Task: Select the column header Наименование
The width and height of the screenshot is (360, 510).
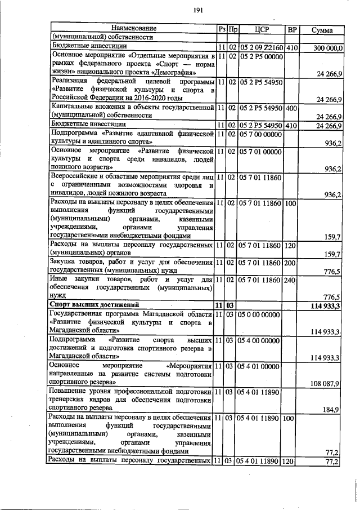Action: click(133, 28)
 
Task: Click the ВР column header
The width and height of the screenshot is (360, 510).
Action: click(292, 29)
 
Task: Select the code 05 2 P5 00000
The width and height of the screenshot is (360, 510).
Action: click(260, 57)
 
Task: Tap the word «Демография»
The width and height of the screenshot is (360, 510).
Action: click(174, 73)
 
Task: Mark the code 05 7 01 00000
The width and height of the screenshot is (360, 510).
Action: click(260, 152)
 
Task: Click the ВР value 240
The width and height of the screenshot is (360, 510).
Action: click(291, 280)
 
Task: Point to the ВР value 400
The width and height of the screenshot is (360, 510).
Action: click(291, 107)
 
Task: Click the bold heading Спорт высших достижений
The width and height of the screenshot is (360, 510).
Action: click(92, 305)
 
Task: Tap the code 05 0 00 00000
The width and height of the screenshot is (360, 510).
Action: click(260, 314)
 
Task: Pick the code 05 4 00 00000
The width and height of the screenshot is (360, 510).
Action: click(260, 341)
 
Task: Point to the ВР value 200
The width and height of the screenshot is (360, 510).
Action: click(291, 262)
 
